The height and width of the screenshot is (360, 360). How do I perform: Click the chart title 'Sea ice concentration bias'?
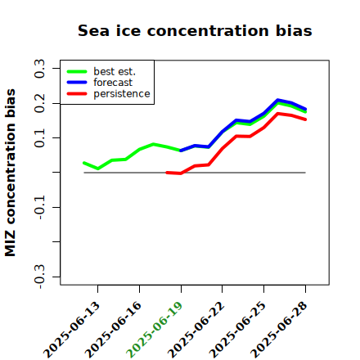coord(195,30)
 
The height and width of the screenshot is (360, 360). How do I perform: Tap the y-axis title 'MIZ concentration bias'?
coord(11,173)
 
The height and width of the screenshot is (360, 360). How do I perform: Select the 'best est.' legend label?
coord(115,71)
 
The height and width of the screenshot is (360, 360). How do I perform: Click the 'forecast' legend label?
coord(113,83)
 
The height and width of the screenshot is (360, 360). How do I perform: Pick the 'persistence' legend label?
coord(122,94)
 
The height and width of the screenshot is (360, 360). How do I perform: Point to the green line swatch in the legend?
coord(77,72)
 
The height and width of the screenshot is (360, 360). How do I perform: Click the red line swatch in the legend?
coord(77,94)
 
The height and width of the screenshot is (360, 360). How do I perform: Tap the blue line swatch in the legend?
coord(77,83)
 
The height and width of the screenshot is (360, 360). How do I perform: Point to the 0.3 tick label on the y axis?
coord(39,69)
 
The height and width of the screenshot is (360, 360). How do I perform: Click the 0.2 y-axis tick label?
coord(39,103)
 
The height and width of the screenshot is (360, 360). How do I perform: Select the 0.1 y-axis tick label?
coord(39,138)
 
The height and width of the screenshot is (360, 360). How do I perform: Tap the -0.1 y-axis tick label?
coord(39,207)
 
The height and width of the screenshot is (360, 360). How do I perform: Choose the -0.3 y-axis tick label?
coord(39,277)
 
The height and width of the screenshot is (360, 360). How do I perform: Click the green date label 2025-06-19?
coord(155,330)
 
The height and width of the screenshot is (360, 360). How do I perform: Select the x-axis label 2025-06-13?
coord(71,330)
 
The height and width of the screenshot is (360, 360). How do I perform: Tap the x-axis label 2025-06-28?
coord(279,330)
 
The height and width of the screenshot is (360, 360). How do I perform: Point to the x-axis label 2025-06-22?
coord(196,330)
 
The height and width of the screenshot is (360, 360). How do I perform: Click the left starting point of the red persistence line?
coord(167,173)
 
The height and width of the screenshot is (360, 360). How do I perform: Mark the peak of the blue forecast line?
coord(277,100)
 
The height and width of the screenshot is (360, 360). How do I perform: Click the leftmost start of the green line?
coord(84,163)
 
